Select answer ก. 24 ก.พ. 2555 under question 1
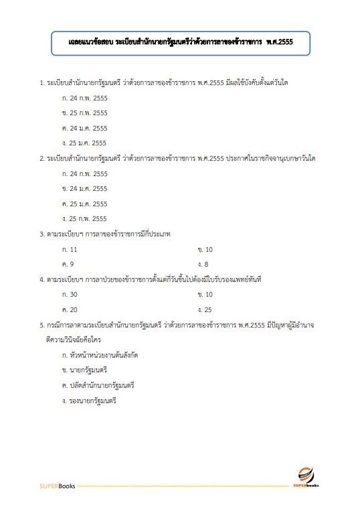(x=84, y=98)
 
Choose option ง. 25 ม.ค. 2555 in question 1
(x=84, y=143)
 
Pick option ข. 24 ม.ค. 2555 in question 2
(x=84, y=189)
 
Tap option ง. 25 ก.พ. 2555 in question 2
(x=84, y=219)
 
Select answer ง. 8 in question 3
(x=203, y=265)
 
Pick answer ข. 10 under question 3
(x=205, y=249)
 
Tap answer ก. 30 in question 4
(x=70, y=295)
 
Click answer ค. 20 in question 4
(x=70, y=310)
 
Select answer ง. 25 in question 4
(x=205, y=310)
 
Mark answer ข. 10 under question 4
(x=205, y=295)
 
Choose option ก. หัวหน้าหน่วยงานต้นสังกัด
(x=100, y=355)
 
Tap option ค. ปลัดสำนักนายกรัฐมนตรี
(x=98, y=386)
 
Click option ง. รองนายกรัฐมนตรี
(x=88, y=401)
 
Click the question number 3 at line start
(x=41, y=234)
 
